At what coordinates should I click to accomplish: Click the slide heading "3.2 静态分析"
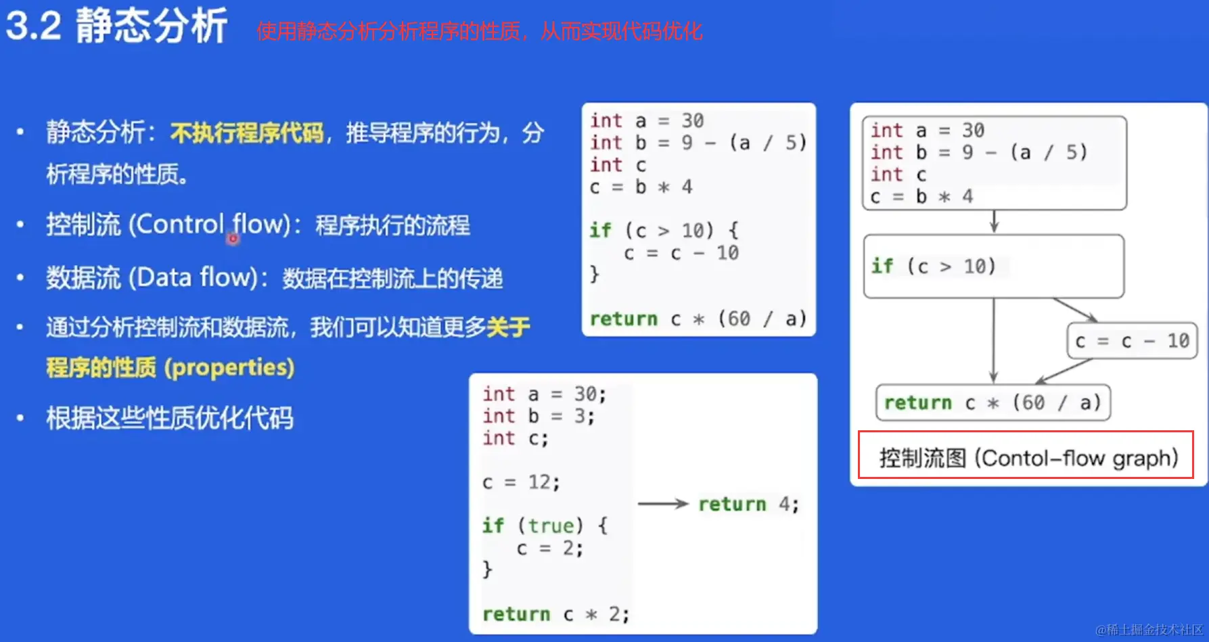116,26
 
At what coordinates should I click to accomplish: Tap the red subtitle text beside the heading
480,31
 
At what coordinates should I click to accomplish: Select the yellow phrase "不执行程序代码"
247,133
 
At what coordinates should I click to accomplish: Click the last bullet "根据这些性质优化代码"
170,418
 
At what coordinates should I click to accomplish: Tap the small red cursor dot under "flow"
233,239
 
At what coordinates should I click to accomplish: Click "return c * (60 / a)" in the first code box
698,319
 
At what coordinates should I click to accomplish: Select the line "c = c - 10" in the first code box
681,253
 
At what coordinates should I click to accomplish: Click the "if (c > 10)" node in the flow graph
994,267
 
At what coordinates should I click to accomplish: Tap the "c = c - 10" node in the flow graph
1133,341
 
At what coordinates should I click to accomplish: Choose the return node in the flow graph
993,403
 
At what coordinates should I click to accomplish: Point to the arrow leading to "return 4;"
663,503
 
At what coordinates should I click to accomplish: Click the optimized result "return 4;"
748,504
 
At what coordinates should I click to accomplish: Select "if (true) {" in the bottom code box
545,526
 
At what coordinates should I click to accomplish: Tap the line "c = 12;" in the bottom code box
521,482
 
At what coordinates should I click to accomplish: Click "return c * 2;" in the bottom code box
555,614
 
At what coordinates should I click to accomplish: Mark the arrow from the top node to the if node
994,222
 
